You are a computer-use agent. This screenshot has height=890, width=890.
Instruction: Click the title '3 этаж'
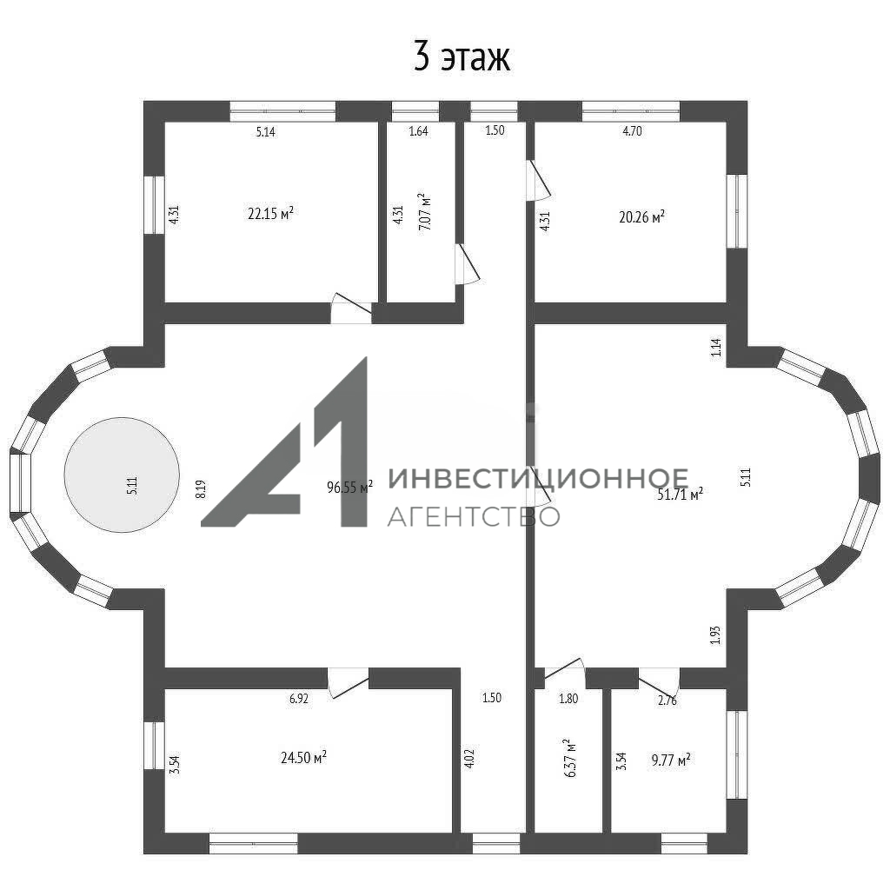pyautogui.click(x=462, y=56)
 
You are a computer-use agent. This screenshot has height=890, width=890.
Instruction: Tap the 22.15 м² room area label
pyautogui.click(x=271, y=213)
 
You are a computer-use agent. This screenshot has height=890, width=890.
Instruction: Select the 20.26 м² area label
pyautogui.click(x=641, y=216)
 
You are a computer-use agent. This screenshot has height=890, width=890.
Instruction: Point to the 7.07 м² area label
pyautogui.click(x=424, y=211)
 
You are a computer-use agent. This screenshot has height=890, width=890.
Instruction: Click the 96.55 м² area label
pyautogui.click(x=349, y=487)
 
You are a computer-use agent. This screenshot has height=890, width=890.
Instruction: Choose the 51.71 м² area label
pyautogui.click(x=680, y=494)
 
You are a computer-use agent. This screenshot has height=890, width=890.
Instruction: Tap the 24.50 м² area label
pyautogui.click(x=303, y=757)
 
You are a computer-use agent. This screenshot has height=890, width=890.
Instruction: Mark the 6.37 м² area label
pyautogui.click(x=569, y=758)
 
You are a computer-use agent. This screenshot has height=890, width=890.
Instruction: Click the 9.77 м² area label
pyautogui.click(x=671, y=760)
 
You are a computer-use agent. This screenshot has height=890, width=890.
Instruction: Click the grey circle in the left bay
pyautogui.click(x=122, y=475)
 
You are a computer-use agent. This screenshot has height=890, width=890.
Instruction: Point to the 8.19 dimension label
pyautogui.click(x=201, y=489)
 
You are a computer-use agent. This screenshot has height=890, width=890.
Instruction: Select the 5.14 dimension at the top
pyautogui.click(x=266, y=132)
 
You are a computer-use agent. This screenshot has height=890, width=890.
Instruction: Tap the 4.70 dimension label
pyautogui.click(x=633, y=131)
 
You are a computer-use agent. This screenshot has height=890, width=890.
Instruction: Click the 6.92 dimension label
pyautogui.click(x=299, y=699)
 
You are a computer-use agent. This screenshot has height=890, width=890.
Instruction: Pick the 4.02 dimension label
pyautogui.click(x=468, y=759)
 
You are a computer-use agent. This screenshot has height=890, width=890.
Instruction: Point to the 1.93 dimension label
pyautogui.click(x=715, y=634)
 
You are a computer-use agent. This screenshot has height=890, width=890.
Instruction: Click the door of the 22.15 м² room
pyautogui.click(x=351, y=309)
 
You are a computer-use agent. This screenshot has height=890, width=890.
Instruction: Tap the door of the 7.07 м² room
pyautogui.click(x=467, y=264)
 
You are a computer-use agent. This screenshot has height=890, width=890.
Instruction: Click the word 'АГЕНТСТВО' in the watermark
pyautogui.click(x=474, y=516)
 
